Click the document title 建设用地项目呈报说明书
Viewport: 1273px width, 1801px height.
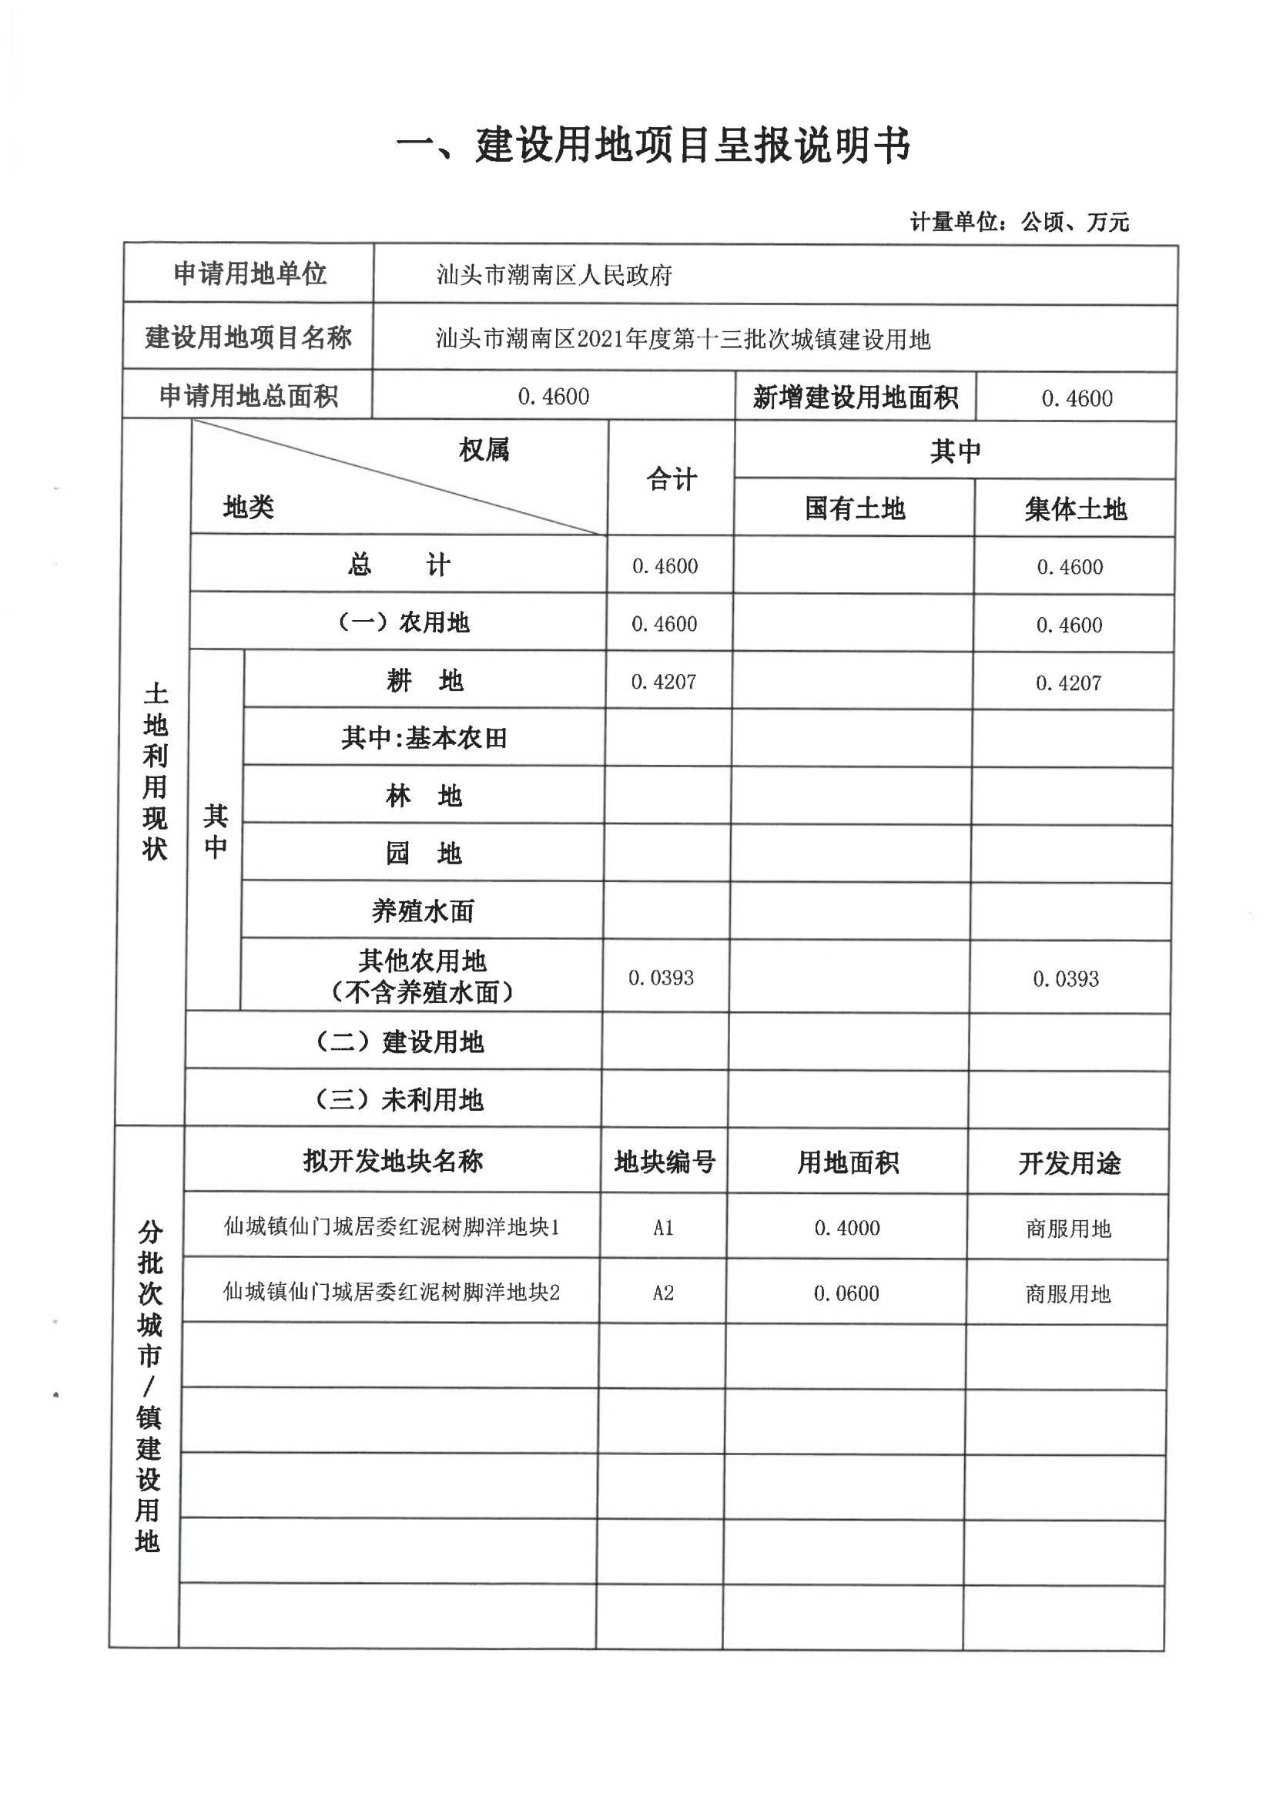click(652, 146)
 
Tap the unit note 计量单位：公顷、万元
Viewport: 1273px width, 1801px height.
click(1019, 223)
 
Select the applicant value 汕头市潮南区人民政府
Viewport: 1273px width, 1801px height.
click(554, 275)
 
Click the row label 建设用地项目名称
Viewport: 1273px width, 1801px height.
click(248, 338)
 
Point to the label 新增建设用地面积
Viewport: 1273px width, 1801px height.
click(855, 397)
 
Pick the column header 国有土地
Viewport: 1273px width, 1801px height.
click(854, 509)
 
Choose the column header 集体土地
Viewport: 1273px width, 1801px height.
click(1074, 510)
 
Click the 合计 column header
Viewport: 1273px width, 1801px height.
click(672, 479)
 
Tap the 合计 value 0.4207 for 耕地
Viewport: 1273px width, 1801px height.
click(664, 682)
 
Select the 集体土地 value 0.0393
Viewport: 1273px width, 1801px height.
click(1065, 979)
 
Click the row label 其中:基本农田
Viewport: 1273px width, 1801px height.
click(424, 738)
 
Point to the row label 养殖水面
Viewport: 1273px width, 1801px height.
click(423, 911)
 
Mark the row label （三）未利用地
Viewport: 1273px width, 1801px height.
click(398, 1100)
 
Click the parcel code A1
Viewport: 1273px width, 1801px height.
click(664, 1228)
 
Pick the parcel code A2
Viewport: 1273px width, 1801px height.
click(663, 1293)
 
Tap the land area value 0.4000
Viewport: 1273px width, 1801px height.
click(847, 1228)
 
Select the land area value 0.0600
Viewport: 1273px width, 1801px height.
click(846, 1293)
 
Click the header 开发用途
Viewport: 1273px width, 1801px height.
click(1069, 1163)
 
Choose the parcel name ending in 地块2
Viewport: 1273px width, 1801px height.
click(391, 1292)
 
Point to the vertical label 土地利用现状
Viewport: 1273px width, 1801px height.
click(156, 772)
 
